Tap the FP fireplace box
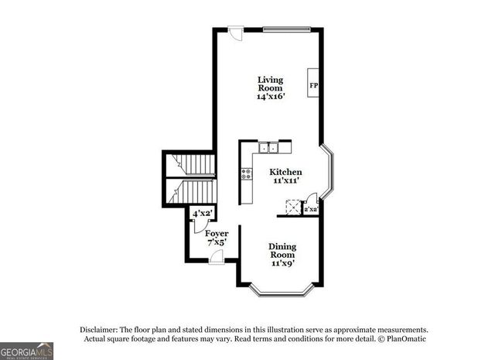(x=314, y=85)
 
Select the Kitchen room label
(x=285, y=172)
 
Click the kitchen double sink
(x=269, y=147)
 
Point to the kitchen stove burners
(x=247, y=174)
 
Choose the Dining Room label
(x=282, y=251)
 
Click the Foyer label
(x=216, y=233)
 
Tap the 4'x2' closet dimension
(x=202, y=213)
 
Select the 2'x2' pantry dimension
(x=311, y=209)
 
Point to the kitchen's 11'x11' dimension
(x=285, y=180)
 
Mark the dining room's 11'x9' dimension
(x=282, y=263)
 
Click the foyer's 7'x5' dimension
(x=216, y=242)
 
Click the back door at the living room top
(x=236, y=33)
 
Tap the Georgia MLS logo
(x=27, y=351)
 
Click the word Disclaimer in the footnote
(x=97, y=329)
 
